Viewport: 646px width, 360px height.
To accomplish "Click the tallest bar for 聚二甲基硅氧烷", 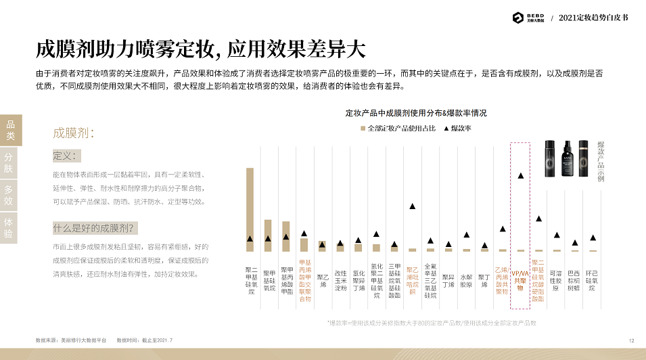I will [x=250, y=209].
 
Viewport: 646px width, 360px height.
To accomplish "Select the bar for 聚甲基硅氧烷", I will [x=268, y=235].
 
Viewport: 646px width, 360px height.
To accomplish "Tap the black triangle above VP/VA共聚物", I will [x=520, y=176].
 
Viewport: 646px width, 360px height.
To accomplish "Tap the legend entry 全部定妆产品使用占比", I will [x=399, y=128].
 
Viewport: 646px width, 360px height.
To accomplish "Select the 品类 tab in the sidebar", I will [x=10, y=130].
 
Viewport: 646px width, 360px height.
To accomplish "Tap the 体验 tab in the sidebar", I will [x=9, y=227].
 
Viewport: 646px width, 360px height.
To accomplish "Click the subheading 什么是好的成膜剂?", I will [x=96, y=227].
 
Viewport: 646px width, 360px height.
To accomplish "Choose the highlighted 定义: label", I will [x=66, y=156].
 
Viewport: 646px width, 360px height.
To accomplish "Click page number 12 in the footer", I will [x=631, y=340].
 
